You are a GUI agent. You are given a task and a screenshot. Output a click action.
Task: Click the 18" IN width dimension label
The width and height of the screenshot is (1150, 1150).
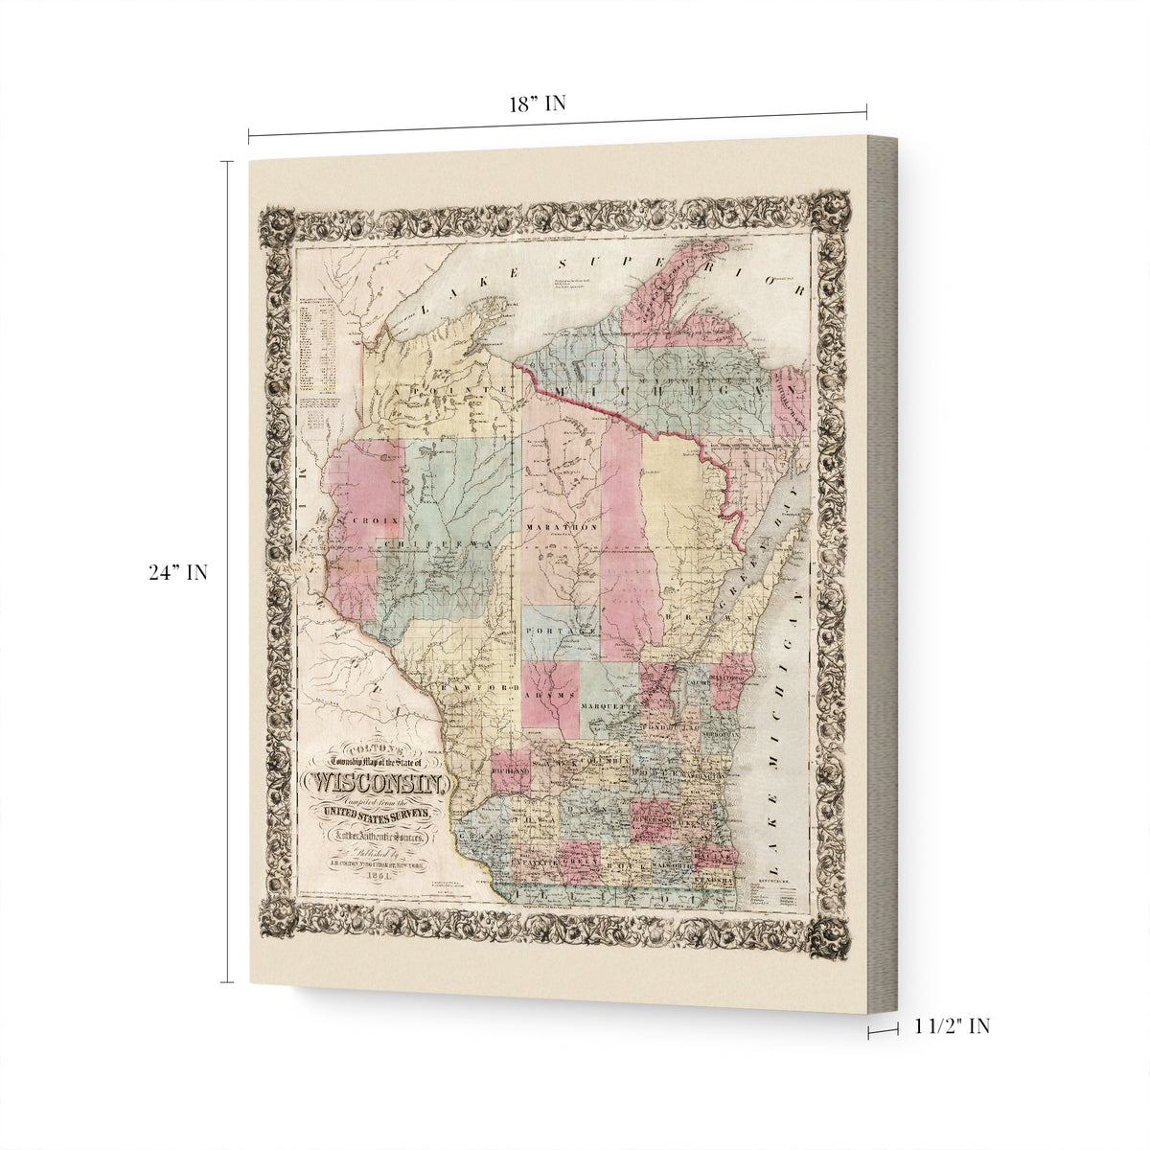tap(538, 104)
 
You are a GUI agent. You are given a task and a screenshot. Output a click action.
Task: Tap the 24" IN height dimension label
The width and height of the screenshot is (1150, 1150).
tap(178, 573)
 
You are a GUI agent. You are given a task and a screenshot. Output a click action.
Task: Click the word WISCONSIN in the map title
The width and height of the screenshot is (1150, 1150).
tap(376, 783)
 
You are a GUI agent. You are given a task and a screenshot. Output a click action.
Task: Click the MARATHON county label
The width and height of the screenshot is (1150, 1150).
tap(563, 527)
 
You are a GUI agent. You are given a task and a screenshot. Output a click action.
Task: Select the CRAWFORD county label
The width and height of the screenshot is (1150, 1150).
tap(474, 688)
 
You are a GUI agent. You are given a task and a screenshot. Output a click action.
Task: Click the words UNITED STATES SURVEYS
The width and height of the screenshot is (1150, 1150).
tap(376, 814)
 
